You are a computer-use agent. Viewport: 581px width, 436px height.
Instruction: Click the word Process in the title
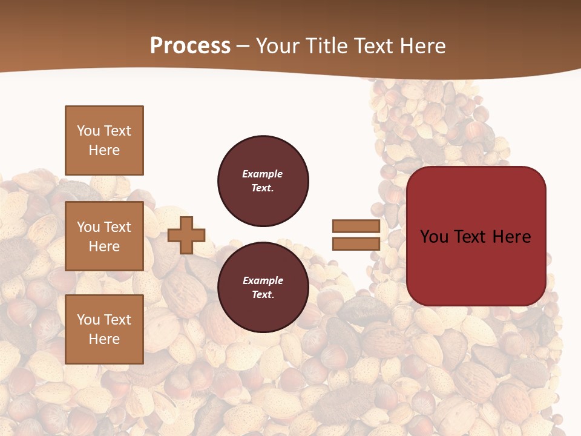tap(190, 46)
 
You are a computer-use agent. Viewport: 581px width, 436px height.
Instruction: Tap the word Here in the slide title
tap(421, 46)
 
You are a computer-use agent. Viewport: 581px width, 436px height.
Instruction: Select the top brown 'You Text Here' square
tap(104, 140)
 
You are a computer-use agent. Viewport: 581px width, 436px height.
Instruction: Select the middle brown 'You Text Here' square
tap(104, 236)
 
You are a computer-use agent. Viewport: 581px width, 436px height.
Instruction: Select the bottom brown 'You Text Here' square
tap(104, 329)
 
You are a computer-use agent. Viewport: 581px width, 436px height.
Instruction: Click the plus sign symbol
tap(186, 235)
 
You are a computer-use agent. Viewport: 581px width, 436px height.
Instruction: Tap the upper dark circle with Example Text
tap(263, 181)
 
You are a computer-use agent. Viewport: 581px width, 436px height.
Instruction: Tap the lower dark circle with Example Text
tap(263, 288)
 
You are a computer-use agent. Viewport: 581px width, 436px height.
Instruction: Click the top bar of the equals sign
tap(356, 226)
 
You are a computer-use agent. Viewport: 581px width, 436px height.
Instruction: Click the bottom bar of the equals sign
tap(356, 243)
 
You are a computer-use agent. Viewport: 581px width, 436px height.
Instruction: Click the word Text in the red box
tap(470, 237)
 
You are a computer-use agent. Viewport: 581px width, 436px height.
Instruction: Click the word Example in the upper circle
tap(262, 174)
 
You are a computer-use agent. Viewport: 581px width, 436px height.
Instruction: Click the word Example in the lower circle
tap(262, 280)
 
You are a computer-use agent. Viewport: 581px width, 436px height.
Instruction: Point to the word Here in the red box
tap(511, 237)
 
